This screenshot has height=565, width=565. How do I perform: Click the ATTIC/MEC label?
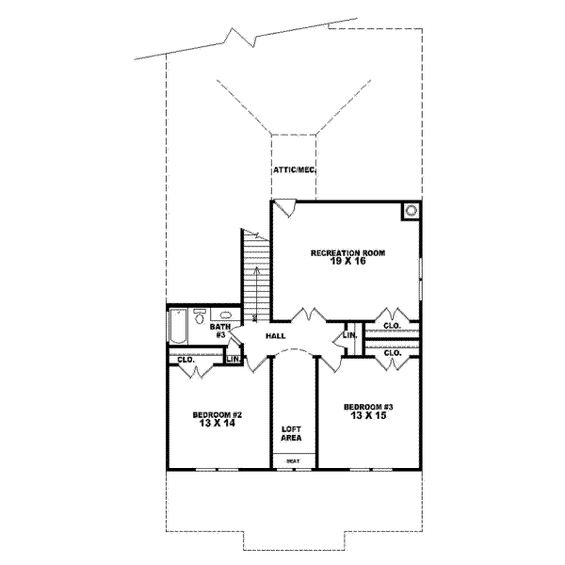293,170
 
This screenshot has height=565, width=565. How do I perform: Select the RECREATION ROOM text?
347,254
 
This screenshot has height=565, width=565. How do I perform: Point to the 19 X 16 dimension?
347,264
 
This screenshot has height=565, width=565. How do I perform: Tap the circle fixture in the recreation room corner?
412,211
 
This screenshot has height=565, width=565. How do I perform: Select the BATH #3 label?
219,330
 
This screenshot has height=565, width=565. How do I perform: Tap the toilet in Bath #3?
200,317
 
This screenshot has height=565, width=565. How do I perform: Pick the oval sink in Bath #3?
226,316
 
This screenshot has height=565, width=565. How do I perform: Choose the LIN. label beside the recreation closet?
349,335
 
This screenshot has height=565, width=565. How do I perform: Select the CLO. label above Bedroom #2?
185,359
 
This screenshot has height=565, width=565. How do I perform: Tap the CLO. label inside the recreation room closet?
392,326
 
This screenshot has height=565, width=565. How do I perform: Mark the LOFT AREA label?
292,432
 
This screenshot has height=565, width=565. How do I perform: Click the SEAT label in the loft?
293,461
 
